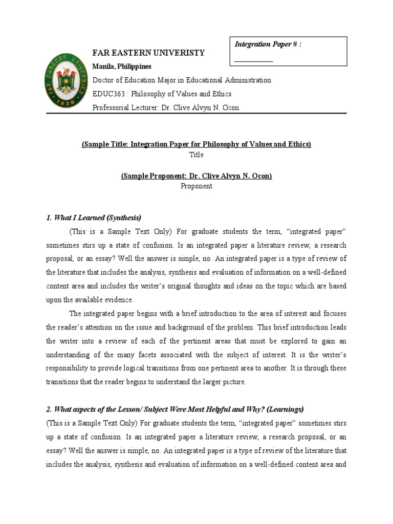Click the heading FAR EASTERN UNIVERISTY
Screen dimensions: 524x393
click(x=148, y=53)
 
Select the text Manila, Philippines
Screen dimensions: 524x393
click(x=121, y=67)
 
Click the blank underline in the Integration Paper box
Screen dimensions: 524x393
click(x=253, y=59)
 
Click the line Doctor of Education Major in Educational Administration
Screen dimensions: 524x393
click(x=181, y=80)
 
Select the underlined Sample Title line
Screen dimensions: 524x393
click(x=196, y=144)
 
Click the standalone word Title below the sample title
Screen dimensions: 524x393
click(x=196, y=155)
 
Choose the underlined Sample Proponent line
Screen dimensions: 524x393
click(x=196, y=176)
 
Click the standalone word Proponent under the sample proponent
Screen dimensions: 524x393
click(x=196, y=186)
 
